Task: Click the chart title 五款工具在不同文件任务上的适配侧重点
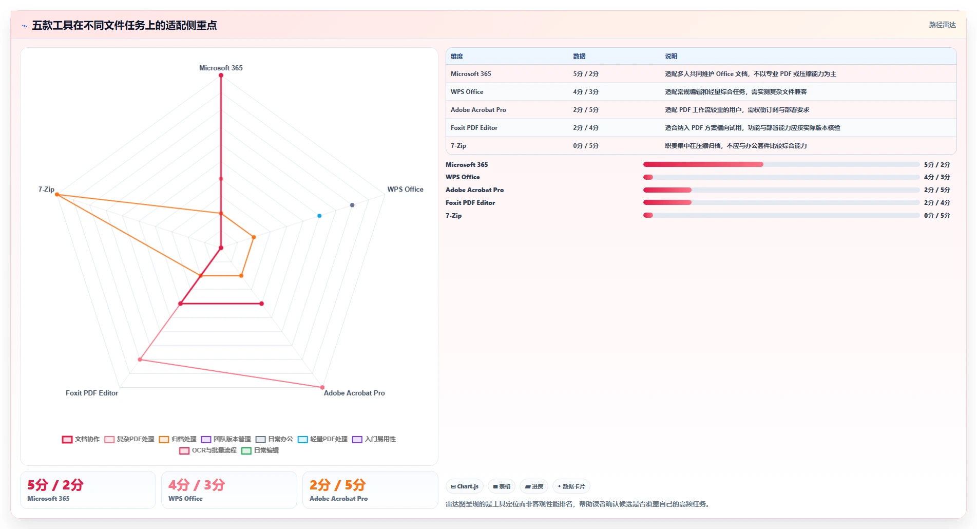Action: click(x=124, y=25)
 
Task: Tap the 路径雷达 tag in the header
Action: click(x=942, y=25)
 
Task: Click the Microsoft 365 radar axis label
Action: click(x=221, y=68)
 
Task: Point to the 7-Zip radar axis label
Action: click(x=46, y=189)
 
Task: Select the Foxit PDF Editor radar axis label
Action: click(x=92, y=393)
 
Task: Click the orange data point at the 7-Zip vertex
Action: click(x=57, y=195)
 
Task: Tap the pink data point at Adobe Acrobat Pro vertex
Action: click(x=322, y=387)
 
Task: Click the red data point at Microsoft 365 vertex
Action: click(x=221, y=75)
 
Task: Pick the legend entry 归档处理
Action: click(x=178, y=439)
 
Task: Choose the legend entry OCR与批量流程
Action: click(x=208, y=450)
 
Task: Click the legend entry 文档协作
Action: click(x=81, y=439)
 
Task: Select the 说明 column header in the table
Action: click(x=671, y=56)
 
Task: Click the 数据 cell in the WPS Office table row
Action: click(x=586, y=92)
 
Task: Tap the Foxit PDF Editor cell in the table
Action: click(x=474, y=128)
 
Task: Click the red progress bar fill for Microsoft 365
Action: click(x=703, y=164)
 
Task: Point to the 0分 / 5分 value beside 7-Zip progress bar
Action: click(x=937, y=216)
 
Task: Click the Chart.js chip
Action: click(x=465, y=486)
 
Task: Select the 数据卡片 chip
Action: click(x=571, y=486)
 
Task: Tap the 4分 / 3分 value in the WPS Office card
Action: click(x=197, y=485)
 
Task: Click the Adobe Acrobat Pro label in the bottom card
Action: click(x=338, y=499)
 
